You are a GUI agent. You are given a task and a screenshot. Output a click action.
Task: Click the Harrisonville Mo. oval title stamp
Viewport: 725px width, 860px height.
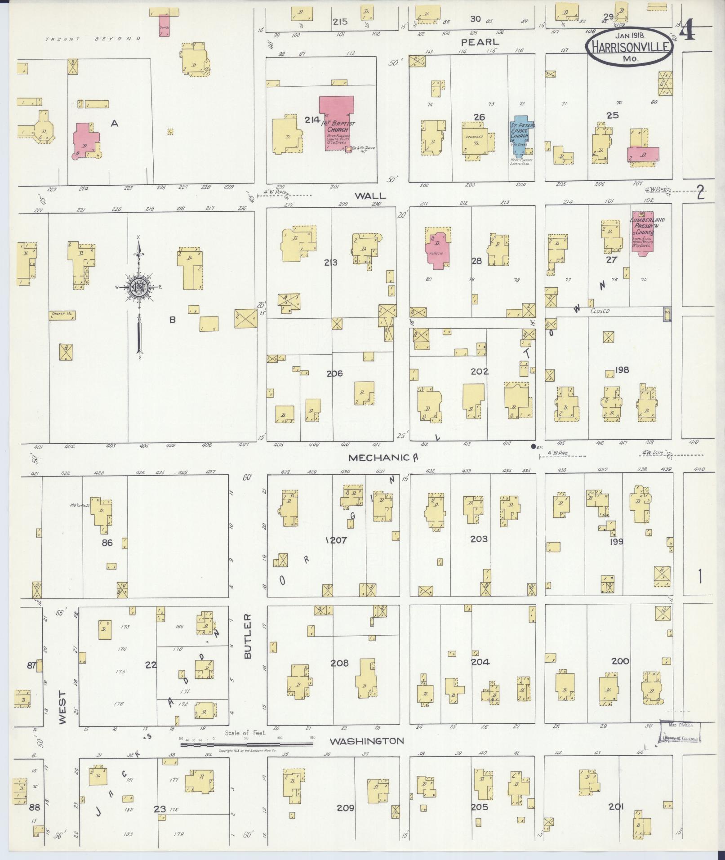pos(629,46)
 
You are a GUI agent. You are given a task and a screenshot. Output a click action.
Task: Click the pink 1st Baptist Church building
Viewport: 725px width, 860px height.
pos(337,123)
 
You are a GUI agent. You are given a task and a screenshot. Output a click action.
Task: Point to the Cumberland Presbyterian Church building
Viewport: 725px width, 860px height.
pos(643,232)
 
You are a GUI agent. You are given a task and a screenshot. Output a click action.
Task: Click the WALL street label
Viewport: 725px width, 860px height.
pos(370,196)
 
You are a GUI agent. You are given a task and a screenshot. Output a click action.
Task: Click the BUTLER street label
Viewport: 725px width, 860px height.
pos(248,636)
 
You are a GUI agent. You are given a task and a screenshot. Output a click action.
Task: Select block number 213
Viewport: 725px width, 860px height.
pos(330,263)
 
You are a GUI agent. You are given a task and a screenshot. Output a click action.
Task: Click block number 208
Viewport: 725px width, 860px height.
pos(339,663)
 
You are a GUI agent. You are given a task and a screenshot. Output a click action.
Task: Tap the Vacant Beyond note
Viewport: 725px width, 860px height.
pos(92,39)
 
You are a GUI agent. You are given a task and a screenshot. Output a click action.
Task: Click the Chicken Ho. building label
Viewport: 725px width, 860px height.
pos(62,315)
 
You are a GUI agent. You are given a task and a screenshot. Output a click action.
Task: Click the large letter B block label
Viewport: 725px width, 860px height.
pos(172,320)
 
